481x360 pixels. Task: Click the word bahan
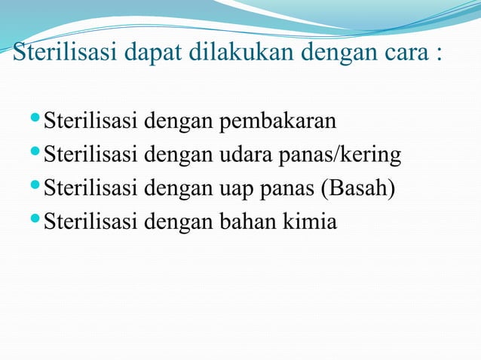247,221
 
